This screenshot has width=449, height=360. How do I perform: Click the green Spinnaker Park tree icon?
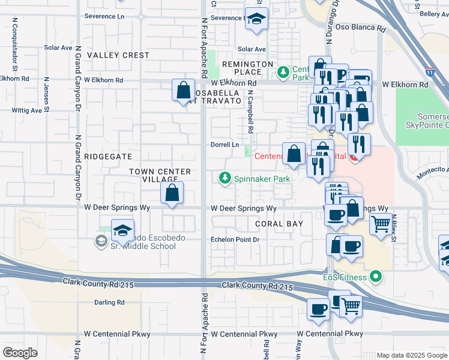225,178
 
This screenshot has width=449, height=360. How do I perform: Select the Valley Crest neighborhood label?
118,55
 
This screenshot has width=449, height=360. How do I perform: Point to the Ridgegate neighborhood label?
108,156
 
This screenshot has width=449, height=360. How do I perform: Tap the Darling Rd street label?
109,302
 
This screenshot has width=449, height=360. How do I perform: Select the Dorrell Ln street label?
224,145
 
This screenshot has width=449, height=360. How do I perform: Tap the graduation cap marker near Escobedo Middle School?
122,231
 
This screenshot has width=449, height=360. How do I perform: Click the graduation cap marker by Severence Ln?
256,19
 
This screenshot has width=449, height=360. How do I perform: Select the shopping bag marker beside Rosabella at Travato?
183,91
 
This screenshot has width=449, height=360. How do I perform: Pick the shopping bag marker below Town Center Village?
172,193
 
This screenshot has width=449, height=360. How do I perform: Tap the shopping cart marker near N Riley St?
381,224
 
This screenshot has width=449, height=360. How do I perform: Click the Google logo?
20,352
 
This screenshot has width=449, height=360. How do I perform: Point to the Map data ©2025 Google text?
411,355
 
